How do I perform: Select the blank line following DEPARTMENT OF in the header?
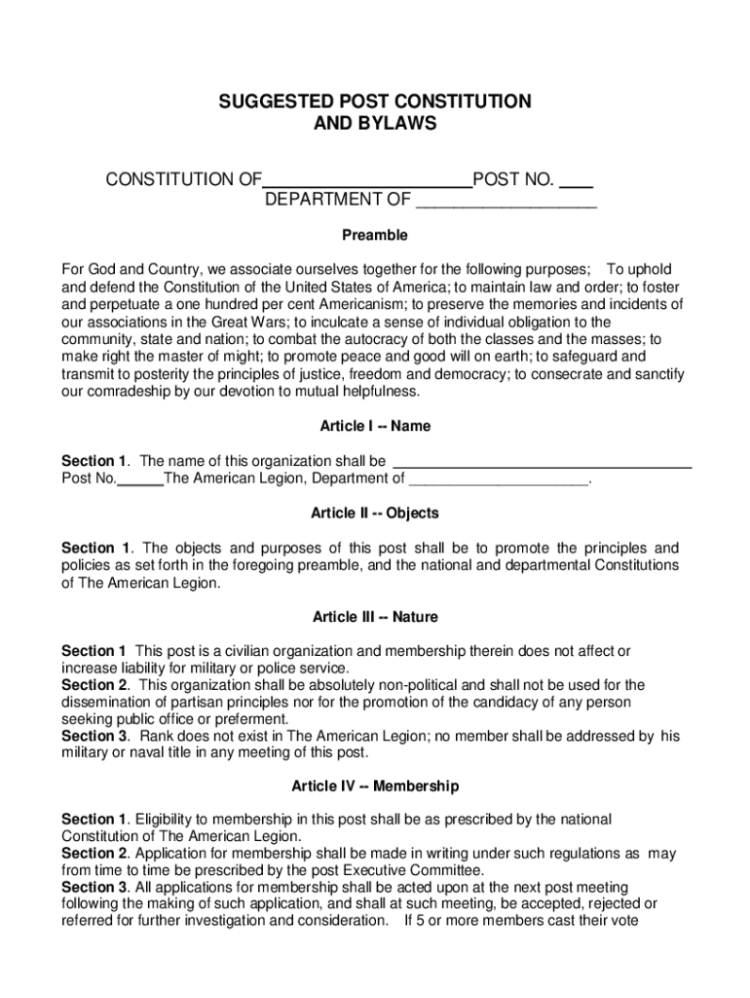(506, 202)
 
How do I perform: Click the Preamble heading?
(374, 236)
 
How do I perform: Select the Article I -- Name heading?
(374, 427)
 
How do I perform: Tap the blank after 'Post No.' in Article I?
(140, 479)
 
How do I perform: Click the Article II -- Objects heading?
(374, 514)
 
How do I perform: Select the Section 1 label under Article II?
(95, 548)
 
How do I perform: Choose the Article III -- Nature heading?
(374, 617)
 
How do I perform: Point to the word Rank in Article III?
(158, 737)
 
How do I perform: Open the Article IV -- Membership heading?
(374, 786)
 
